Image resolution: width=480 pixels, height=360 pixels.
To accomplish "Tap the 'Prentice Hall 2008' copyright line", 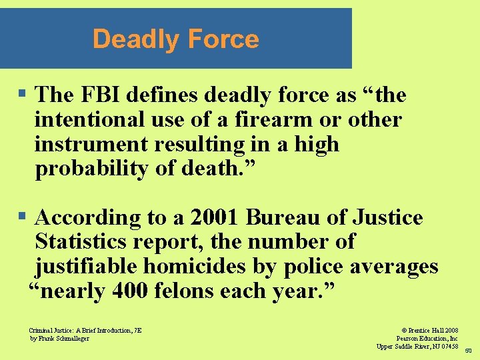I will pyautogui.click(x=431, y=330).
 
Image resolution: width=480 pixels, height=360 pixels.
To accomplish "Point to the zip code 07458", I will pyautogui.click(x=447, y=346).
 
